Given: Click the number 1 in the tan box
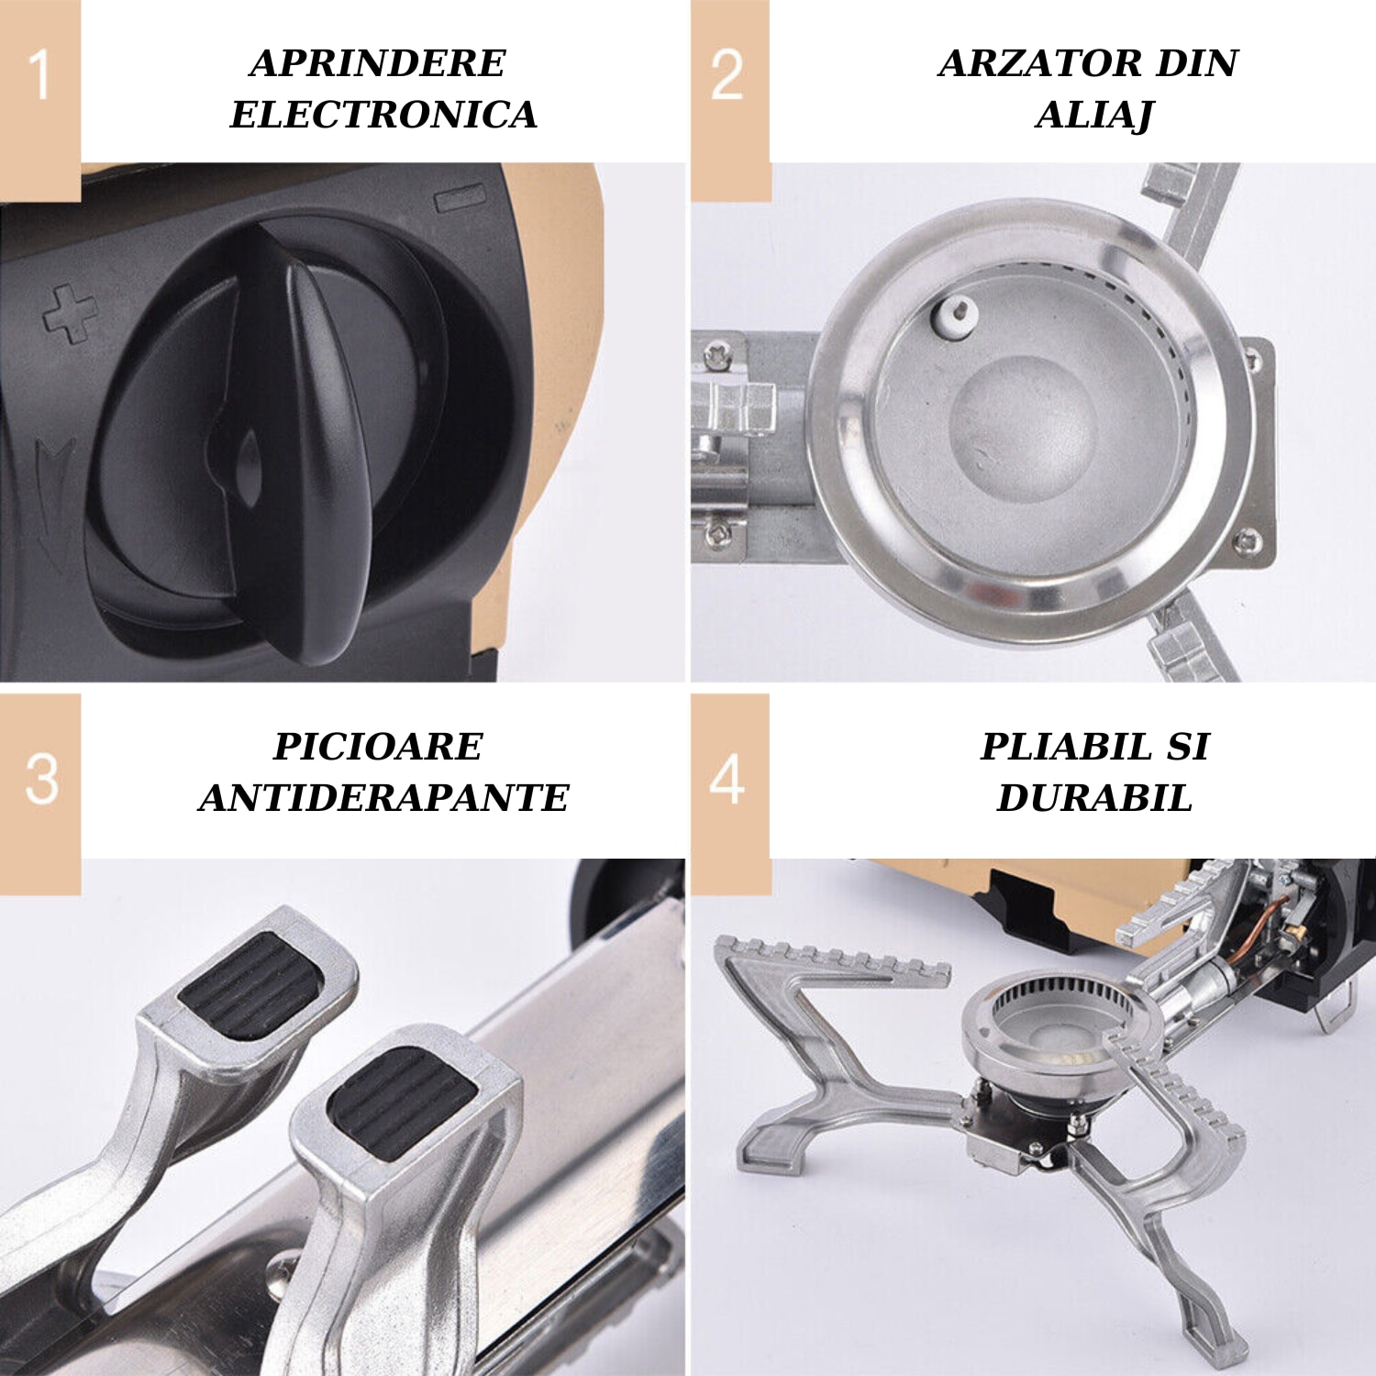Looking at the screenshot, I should point(39,74).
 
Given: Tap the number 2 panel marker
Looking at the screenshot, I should point(727,74).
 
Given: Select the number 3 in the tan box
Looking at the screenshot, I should point(41,779).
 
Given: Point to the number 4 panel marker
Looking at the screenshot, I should point(727,779).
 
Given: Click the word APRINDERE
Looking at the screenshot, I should point(377,63).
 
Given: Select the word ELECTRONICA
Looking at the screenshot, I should point(383,115).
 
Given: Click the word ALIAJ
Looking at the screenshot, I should point(1093,116).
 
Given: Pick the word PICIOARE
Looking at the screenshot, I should point(377,747).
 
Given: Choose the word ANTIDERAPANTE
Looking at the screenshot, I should point(383,798).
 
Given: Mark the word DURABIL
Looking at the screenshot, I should point(1094,798).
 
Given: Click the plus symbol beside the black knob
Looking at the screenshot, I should point(70,313).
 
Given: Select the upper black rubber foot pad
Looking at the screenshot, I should point(250,986).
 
